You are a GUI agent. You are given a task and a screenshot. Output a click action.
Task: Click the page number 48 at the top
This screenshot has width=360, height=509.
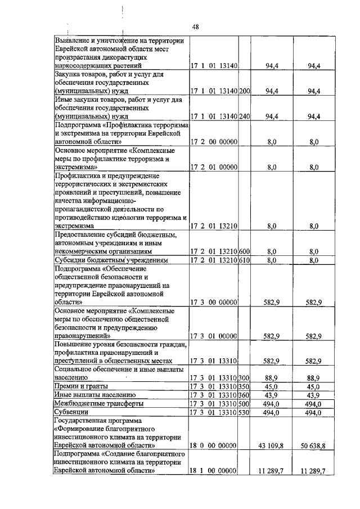click(196, 26)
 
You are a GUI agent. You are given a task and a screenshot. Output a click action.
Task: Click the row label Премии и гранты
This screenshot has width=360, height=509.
click(80, 387)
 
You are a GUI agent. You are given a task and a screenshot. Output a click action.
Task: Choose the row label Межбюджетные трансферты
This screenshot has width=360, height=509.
click(91, 404)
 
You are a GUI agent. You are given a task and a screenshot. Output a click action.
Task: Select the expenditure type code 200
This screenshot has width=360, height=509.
click(244, 91)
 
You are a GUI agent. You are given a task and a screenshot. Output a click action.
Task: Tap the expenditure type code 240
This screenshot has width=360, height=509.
click(244, 116)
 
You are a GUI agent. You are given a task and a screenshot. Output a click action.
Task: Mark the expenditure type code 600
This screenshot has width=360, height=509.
click(244, 251)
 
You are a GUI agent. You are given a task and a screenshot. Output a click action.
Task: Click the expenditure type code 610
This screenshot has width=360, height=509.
click(244, 260)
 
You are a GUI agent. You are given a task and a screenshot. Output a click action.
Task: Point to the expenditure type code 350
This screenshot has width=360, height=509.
click(244, 387)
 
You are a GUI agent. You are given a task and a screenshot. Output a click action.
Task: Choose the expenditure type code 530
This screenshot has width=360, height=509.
click(244, 412)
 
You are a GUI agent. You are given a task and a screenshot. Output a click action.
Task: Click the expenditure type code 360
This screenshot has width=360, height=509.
click(244, 395)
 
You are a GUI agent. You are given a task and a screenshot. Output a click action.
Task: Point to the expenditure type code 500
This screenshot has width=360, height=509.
click(244, 404)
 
